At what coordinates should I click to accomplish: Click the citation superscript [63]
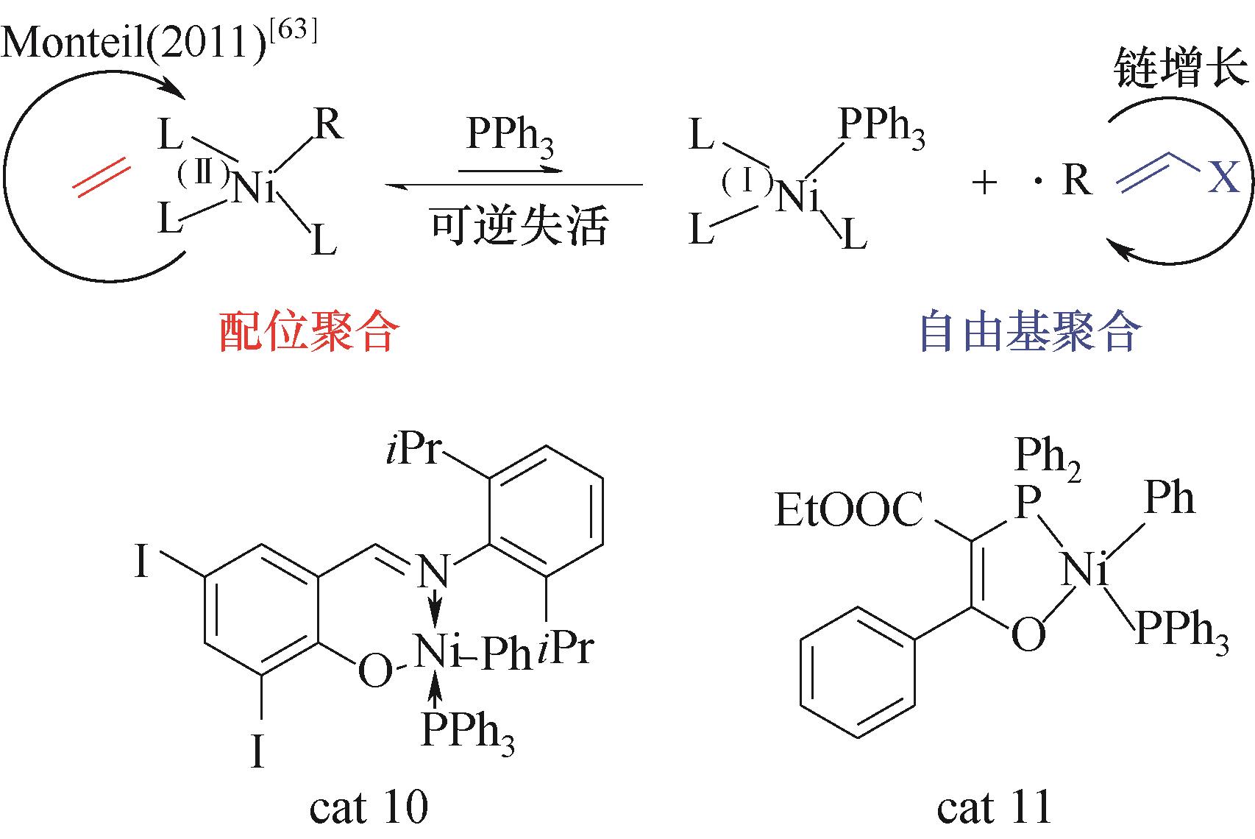[293, 30]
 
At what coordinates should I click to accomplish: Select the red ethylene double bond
[102, 177]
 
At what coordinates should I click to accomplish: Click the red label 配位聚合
[309, 331]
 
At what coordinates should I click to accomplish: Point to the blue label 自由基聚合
[1031, 331]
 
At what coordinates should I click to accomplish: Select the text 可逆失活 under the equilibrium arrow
[519, 225]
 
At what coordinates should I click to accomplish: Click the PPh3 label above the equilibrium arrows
[510, 136]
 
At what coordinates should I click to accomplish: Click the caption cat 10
[369, 807]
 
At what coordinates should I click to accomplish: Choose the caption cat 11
[993, 807]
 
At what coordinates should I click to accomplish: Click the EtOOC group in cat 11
[848, 509]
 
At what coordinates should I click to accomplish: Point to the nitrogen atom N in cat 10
[434, 570]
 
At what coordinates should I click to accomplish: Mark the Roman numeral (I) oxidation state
[746, 182]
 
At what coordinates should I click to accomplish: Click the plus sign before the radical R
[984, 183]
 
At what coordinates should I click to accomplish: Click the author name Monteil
[74, 41]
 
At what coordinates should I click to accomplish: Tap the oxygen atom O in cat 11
[1028, 634]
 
